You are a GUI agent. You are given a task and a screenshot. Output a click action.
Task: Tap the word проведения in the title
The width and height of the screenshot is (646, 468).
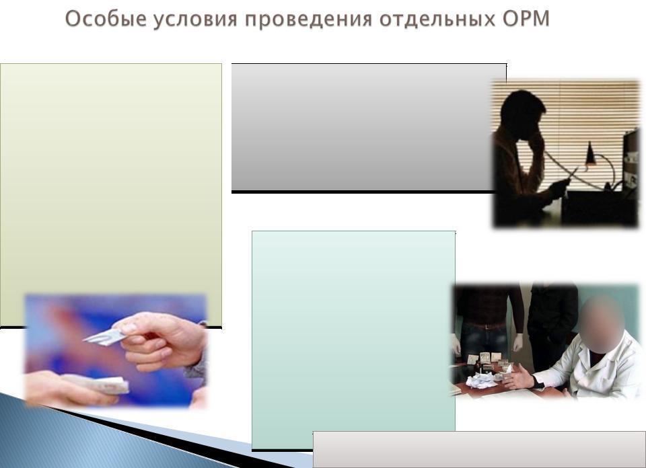click(309, 19)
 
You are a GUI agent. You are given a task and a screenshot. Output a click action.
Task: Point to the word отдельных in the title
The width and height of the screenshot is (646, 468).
click(437, 19)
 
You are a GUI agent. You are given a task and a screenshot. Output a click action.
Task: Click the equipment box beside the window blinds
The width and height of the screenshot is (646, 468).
click(631, 164)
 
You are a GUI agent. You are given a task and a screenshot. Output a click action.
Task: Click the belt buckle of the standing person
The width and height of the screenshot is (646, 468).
click(488, 326)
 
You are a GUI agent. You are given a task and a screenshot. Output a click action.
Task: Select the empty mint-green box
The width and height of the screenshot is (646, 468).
click(353, 340)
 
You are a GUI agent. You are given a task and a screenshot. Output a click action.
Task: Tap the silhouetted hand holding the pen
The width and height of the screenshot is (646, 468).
click(559, 188)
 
